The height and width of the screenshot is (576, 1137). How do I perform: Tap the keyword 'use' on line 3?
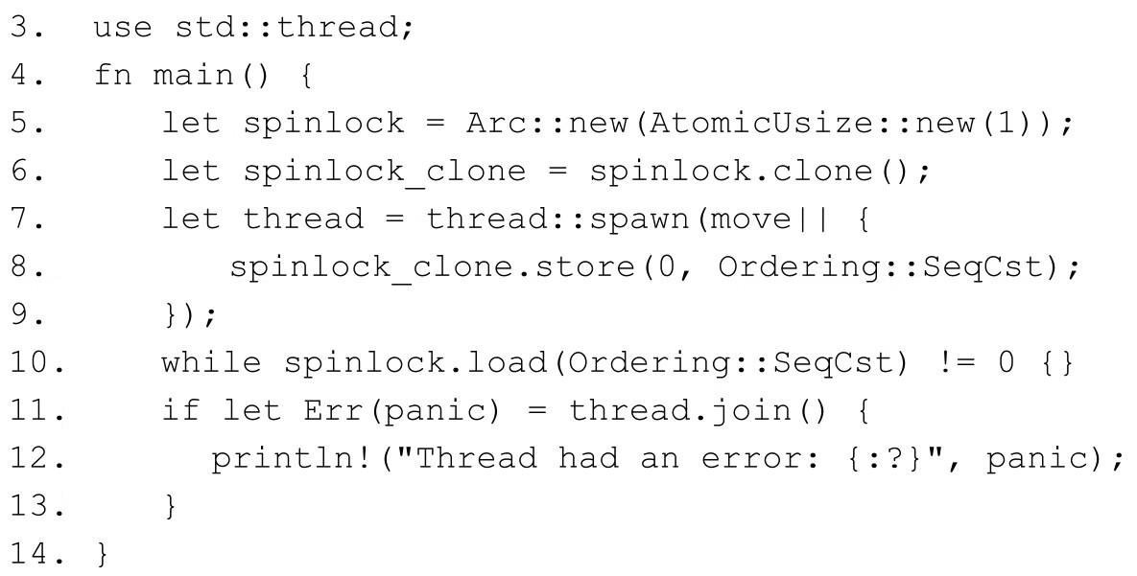(121, 27)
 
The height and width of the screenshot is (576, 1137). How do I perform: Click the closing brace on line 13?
(171, 507)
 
